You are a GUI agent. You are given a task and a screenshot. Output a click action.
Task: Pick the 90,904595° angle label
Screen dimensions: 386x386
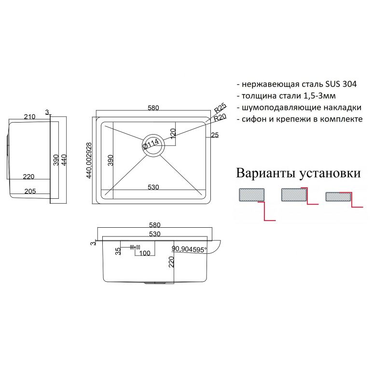click(189, 249)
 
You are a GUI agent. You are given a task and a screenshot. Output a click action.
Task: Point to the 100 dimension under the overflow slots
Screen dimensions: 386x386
click(144, 253)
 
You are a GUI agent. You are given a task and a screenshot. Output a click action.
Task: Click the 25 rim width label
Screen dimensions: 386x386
click(215, 135)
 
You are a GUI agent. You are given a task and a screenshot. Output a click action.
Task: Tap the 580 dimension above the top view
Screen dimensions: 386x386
click(153, 108)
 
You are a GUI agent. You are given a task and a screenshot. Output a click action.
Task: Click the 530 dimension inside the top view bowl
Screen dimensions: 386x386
click(153, 187)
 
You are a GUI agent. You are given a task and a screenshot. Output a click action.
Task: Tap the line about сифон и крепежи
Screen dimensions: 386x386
click(299, 119)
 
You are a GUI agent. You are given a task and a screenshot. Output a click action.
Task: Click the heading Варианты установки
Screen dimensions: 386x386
click(298, 173)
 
